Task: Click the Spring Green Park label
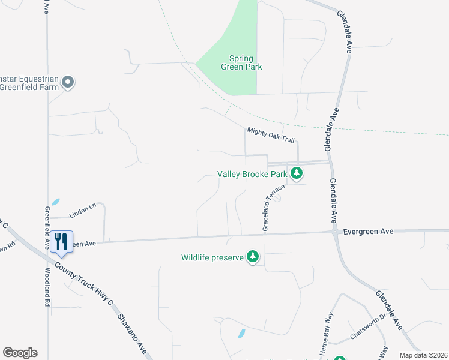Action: (x=246, y=63)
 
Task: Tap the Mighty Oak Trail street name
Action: (x=271, y=135)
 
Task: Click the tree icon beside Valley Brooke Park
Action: (x=296, y=174)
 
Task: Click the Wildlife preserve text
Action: (x=213, y=258)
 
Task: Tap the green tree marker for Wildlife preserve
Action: (x=253, y=257)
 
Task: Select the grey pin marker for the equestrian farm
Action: (x=68, y=82)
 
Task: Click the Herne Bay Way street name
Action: (x=327, y=335)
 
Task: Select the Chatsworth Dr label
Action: (x=367, y=326)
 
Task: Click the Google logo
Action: (x=20, y=353)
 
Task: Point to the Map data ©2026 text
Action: (x=423, y=355)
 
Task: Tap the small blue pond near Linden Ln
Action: (x=56, y=202)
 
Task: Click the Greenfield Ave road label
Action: (x=47, y=228)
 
